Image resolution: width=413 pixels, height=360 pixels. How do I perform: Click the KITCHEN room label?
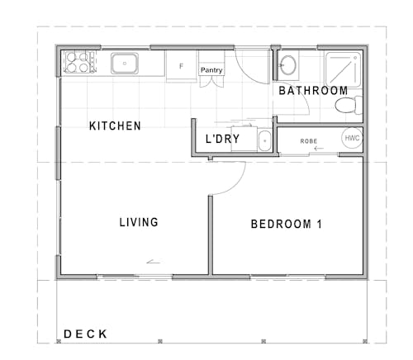pos(115,126)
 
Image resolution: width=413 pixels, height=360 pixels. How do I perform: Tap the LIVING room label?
pos(138,222)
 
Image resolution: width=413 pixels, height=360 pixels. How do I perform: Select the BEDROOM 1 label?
pos(280,224)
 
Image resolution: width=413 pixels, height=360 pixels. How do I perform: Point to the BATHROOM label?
pos(312,90)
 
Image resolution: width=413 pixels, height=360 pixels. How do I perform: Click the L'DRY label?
pos(222,140)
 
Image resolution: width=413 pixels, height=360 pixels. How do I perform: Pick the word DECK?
pos(86,334)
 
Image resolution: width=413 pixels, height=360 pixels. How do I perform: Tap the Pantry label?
pos(211,71)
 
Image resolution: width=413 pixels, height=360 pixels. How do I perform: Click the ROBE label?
pos(309,140)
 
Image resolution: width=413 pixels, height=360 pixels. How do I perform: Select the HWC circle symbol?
pos(352,138)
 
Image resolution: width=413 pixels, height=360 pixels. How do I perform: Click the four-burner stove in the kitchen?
pos(77,63)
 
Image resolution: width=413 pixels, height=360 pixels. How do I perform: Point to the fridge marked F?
pos(181,65)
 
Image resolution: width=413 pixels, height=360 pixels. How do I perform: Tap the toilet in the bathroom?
pos(354,105)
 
